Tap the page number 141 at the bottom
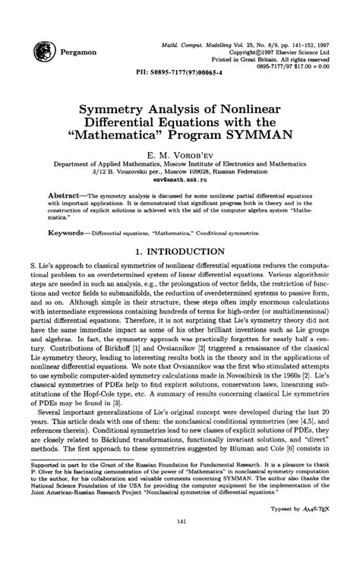(x=180, y=541)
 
